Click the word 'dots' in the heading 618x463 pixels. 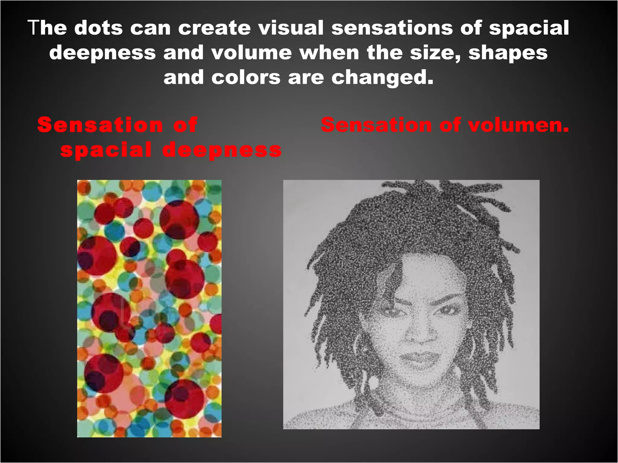click(x=98, y=28)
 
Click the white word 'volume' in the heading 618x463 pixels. click(x=251, y=53)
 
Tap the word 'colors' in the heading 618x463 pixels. click(x=246, y=78)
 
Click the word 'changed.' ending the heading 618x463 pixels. click(x=382, y=78)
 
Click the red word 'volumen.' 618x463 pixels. click(x=518, y=125)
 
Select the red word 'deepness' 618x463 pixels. click(x=222, y=150)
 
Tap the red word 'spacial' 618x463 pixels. click(x=106, y=150)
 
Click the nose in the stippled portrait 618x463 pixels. click(x=421, y=332)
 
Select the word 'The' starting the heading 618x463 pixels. click(x=47, y=28)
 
